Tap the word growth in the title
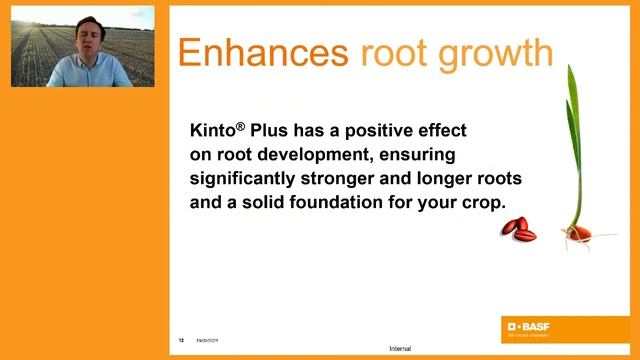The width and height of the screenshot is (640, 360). pyautogui.click(x=501, y=55)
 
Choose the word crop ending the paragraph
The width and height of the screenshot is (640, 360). pyautogui.click(x=484, y=201)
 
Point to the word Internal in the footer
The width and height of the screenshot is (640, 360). pyautogui.click(x=400, y=349)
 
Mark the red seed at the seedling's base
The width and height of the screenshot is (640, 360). pyautogui.click(x=579, y=233)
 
